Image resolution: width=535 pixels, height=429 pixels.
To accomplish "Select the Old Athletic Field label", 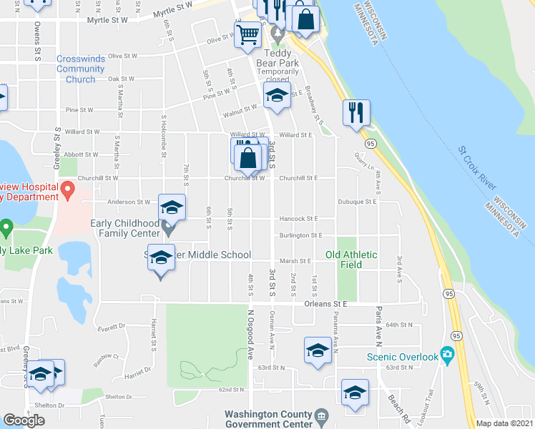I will pyautogui.click(x=353, y=260).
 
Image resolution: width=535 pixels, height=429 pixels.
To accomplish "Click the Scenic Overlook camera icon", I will pyautogui.click(x=447, y=354).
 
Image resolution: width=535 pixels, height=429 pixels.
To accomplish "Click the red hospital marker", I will pyautogui.click(x=67, y=190).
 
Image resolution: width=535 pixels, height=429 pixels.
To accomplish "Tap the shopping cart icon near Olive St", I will pyautogui.click(x=247, y=34).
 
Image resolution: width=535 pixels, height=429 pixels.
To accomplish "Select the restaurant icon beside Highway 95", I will pyautogui.click(x=355, y=112).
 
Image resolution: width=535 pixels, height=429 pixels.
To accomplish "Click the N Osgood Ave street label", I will pyautogui.click(x=251, y=336).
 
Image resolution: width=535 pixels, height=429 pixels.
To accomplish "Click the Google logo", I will pyautogui.click(x=24, y=420).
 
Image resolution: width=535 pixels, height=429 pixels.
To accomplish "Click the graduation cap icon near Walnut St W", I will pyautogui.click(x=277, y=94).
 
